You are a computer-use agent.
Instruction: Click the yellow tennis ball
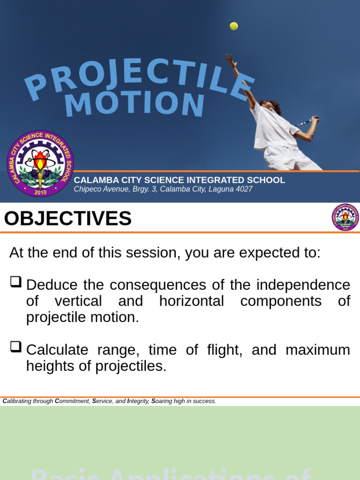click(x=233, y=26)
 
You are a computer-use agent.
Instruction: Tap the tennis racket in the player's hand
click(x=308, y=121)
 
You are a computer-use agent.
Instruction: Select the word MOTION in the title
click(x=135, y=104)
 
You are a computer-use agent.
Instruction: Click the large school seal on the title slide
click(x=40, y=164)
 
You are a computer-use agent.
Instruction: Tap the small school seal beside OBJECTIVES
click(x=345, y=217)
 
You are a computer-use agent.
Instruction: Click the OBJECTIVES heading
click(x=68, y=218)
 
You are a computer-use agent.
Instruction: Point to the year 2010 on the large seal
click(x=41, y=192)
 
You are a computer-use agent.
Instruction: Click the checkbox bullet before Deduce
click(x=15, y=282)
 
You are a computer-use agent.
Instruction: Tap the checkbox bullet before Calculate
click(x=15, y=347)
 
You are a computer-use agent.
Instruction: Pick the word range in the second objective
click(x=117, y=350)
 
